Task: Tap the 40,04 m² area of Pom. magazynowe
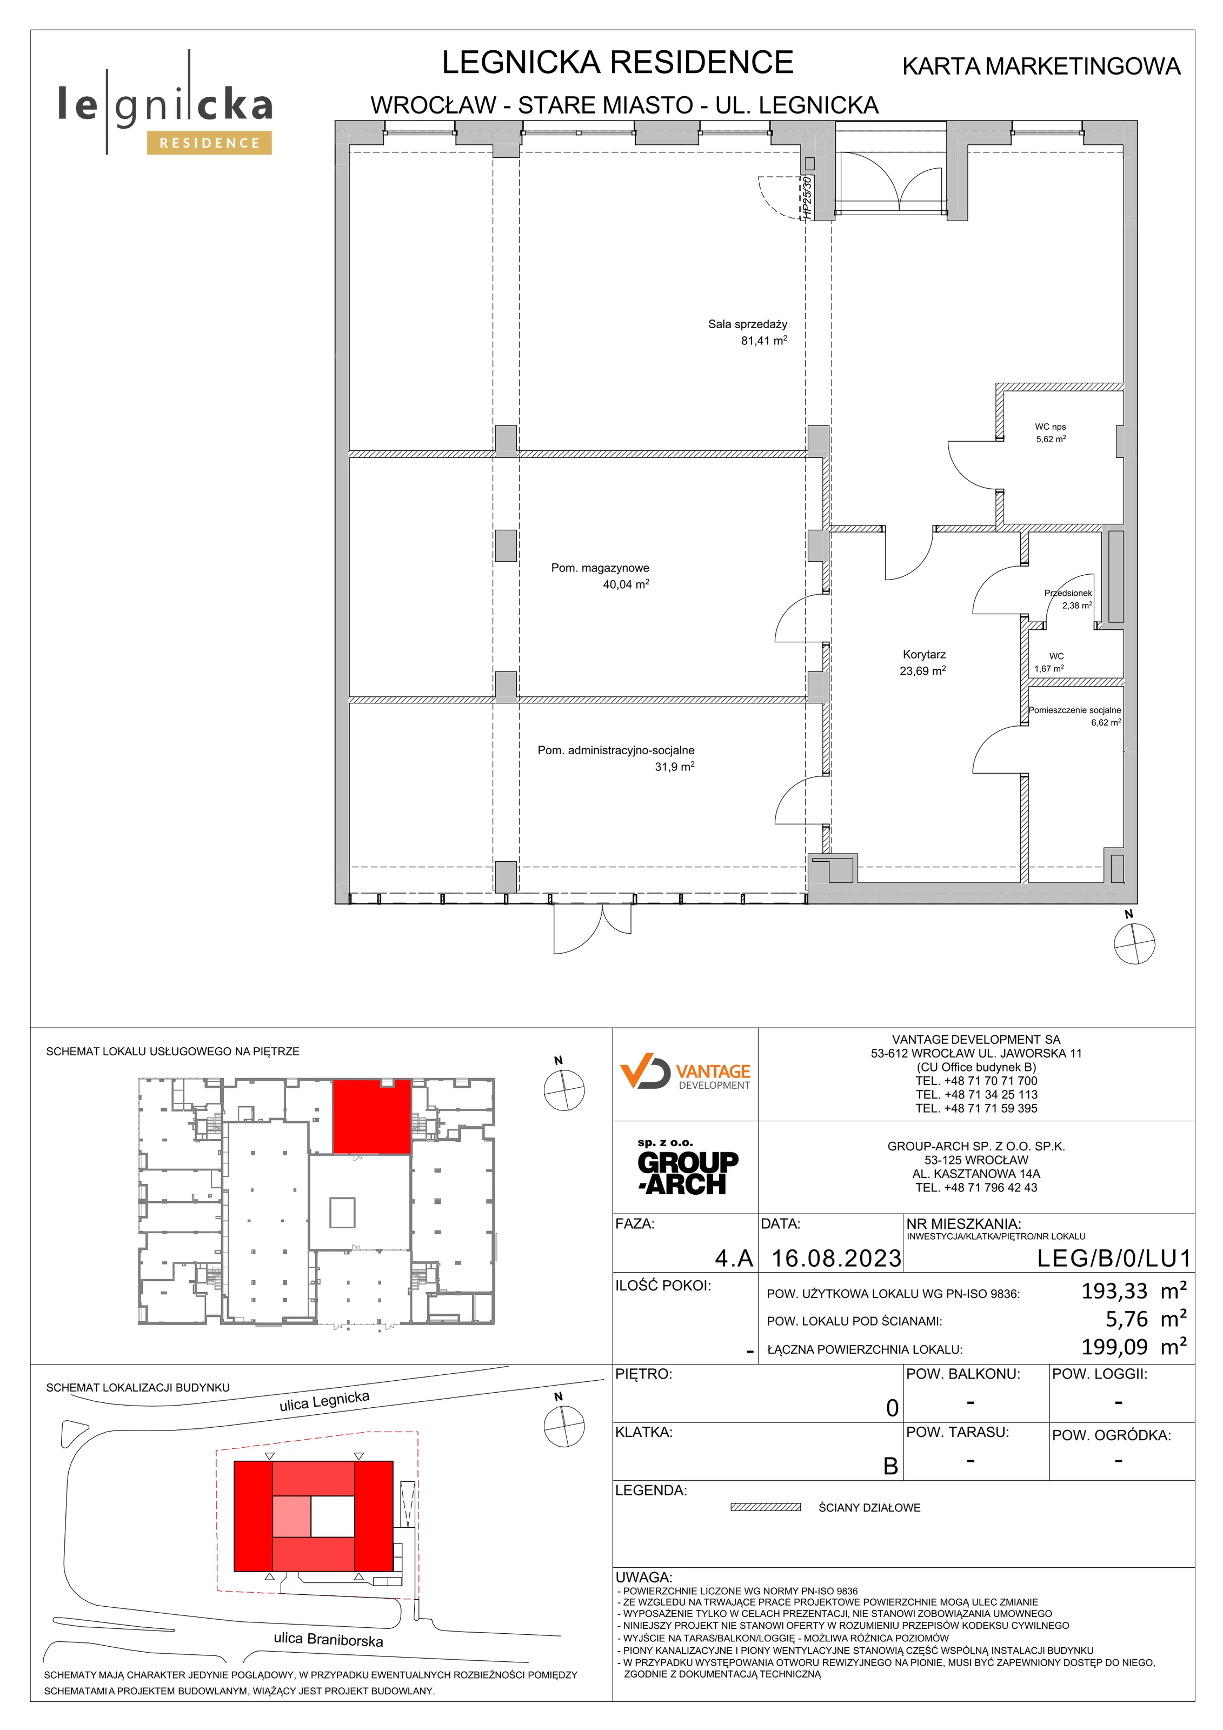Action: pyautogui.click(x=626, y=584)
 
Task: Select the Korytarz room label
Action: pyautogui.click(x=924, y=655)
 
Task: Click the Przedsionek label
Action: pyautogui.click(x=1068, y=593)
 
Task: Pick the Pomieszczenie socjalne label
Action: pyautogui.click(x=1074, y=710)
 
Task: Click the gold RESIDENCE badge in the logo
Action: pyautogui.click(x=209, y=142)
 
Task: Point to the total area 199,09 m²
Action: pyautogui.click(x=1134, y=1347)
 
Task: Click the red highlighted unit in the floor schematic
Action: pyautogui.click(x=371, y=1116)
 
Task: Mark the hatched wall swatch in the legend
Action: pyautogui.click(x=765, y=1507)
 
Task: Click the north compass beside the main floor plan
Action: pyautogui.click(x=1134, y=943)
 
